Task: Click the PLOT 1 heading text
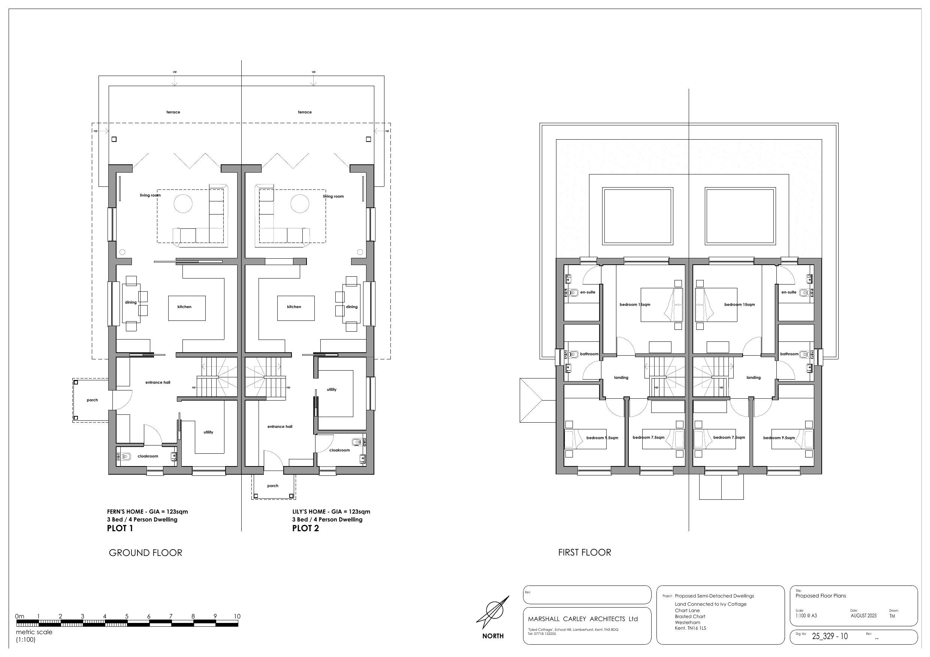(120, 528)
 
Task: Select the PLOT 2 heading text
(305, 528)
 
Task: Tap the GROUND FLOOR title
(145, 553)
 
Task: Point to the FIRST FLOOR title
(585, 552)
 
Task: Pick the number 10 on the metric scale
(236, 616)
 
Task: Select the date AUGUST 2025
(864, 615)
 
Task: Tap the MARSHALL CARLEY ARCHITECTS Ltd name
(582, 618)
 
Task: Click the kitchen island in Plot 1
(187, 308)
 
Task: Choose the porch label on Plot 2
(273, 486)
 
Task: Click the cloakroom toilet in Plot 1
(126, 457)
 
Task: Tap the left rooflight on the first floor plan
(638, 216)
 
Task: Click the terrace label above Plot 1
(173, 112)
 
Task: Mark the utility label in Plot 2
(331, 389)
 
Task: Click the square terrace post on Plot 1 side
(114, 139)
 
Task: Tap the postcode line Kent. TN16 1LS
(690, 628)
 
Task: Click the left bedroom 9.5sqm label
(602, 438)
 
